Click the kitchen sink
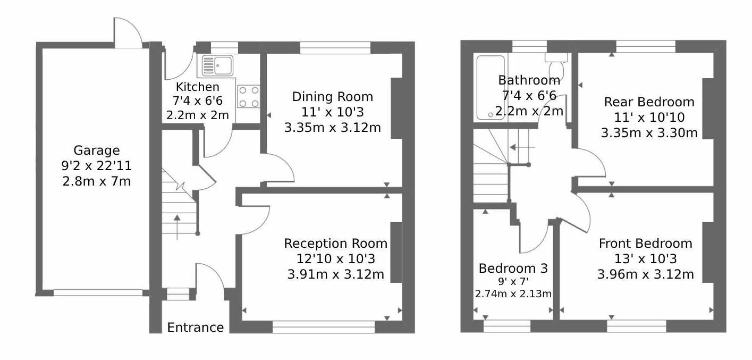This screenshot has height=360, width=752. coord(217,65)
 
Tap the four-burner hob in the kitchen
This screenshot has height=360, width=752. coord(249,97)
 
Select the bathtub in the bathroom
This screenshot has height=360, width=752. coord(491,88)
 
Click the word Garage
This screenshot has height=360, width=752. coord(97,150)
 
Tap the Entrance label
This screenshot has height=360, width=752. coord(196,328)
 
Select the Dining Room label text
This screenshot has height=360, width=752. coord(332,97)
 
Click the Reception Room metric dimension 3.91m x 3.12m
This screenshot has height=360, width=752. coord(336,274)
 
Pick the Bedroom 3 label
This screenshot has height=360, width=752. coord(513,269)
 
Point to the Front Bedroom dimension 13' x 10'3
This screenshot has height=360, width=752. coord(645,259)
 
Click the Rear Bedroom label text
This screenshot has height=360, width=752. coord(649,102)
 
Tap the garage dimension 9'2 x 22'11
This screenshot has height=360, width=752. coord(97,165)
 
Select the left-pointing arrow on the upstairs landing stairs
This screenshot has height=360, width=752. coord(522,147)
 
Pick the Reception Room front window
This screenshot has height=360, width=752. coord(324,326)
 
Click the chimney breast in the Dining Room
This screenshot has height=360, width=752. coord(396,108)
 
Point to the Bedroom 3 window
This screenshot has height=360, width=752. coord(507,326)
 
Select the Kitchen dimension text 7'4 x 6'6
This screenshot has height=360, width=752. coord(197,101)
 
